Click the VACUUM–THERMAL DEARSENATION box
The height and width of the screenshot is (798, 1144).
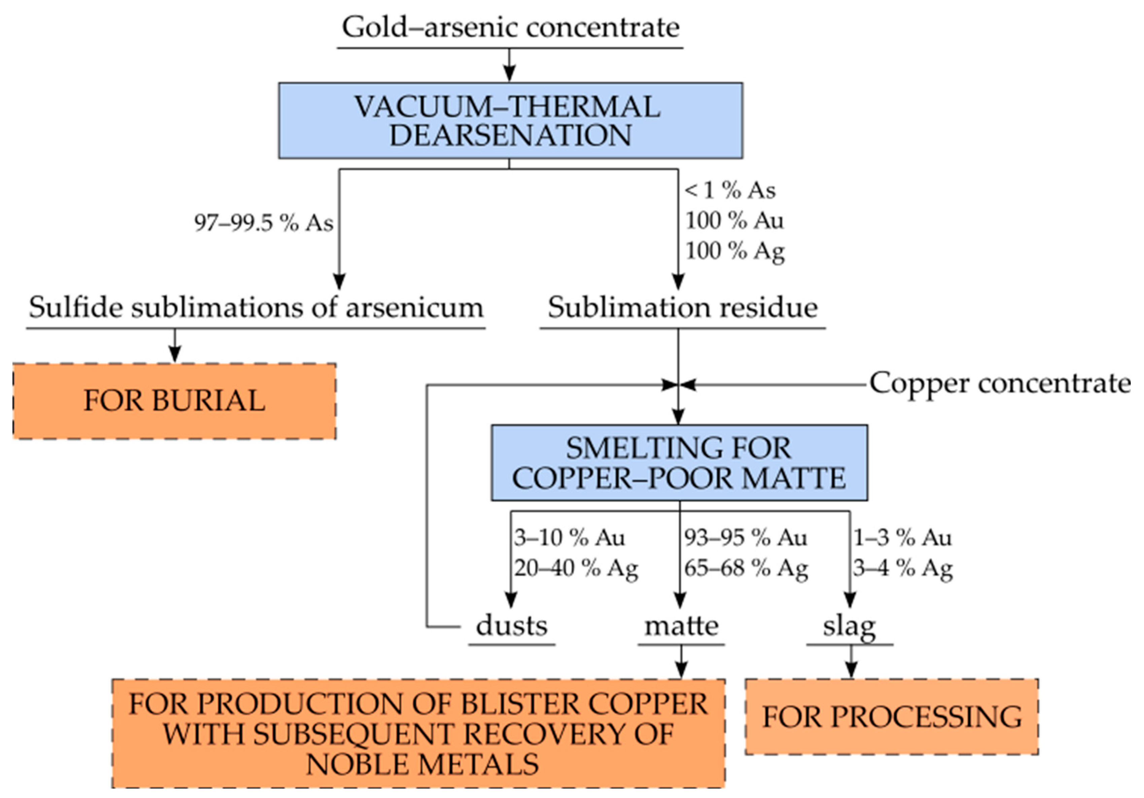pos(510,121)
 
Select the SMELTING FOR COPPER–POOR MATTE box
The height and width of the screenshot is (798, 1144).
pos(679,463)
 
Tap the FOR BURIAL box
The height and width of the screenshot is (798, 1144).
pos(174,401)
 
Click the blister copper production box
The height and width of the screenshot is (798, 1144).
pos(419,733)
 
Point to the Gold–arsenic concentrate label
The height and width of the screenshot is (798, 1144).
pos(510,27)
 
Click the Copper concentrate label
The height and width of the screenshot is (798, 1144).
pos(1000,384)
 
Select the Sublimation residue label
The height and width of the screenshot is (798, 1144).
pos(683,307)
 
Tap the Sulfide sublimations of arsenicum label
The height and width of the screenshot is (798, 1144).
pos(255,307)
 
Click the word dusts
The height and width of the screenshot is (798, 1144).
pos(512,626)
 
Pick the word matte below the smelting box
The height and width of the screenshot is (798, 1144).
pos(682,626)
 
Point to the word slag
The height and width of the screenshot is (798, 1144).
pos(849,627)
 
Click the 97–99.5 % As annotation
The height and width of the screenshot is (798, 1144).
pos(264,223)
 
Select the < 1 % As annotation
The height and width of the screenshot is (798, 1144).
pos(730,190)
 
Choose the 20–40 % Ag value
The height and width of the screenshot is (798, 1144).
pos(576,569)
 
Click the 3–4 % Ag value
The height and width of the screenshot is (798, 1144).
pos(903,569)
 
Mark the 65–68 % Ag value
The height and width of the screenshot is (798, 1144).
pos(746,569)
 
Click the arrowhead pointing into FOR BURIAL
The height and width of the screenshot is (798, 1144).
pos(174,355)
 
